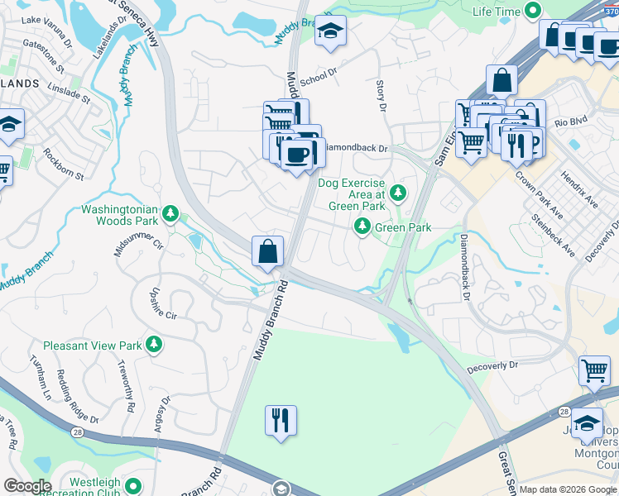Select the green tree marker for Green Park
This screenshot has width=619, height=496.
[362, 226]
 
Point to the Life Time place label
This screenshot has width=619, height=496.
[497, 12]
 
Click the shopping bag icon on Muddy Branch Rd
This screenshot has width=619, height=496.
[268, 251]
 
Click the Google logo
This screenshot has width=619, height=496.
[27, 486]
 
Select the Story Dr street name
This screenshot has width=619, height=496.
[381, 96]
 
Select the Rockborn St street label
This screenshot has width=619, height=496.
[64, 164]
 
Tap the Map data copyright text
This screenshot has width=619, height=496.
[568, 489]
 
